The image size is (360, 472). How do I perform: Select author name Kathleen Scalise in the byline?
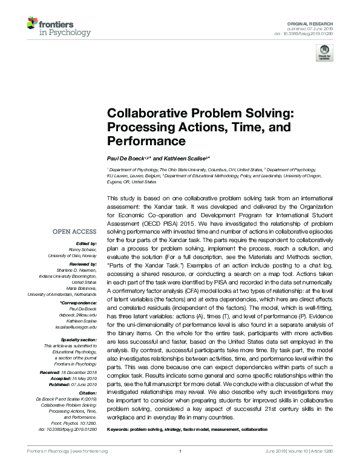(178, 157)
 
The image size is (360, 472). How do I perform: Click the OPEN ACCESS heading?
(74, 232)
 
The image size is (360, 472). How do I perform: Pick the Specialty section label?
(77, 340)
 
